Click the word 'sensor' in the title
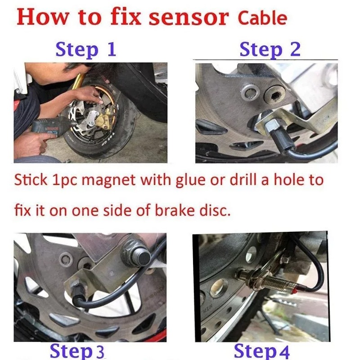(x=189, y=18)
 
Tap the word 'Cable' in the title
(x=262, y=18)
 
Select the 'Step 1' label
(x=86, y=49)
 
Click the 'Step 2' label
(x=270, y=49)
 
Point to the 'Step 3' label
(x=77, y=351)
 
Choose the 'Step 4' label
(x=262, y=351)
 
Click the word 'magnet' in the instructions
(x=108, y=180)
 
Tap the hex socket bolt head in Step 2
(x=274, y=94)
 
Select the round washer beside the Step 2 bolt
(x=250, y=93)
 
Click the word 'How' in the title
(x=43, y=18)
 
